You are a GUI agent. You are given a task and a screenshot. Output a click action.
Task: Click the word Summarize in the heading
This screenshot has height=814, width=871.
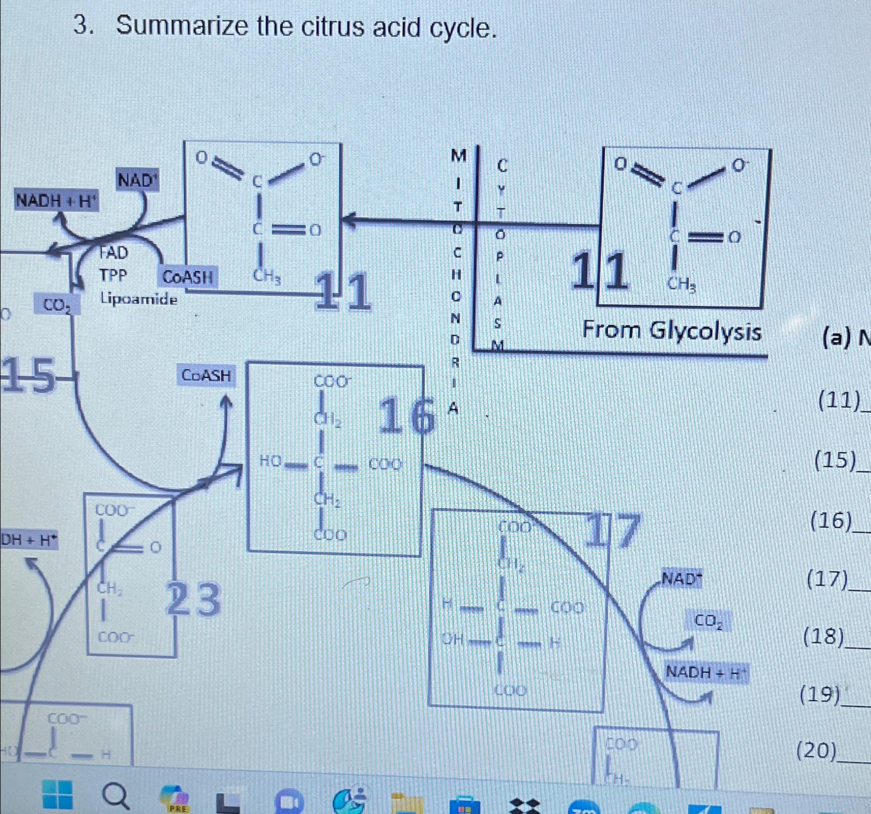[182, 27]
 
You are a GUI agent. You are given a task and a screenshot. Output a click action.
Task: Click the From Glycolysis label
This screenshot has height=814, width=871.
[671, 331]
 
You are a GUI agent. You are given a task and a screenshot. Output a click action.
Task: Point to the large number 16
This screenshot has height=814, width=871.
[407, 417]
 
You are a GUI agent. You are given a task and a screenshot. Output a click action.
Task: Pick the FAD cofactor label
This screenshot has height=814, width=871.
[113, 253]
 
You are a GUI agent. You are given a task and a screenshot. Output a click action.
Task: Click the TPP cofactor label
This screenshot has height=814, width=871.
[113, 276]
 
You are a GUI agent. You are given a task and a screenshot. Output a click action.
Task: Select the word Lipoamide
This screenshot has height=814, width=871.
[139, 299]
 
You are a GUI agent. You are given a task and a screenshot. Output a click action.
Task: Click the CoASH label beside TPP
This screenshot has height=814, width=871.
[188, 277]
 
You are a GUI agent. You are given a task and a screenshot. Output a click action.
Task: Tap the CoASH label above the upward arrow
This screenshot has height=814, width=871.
[206, 376]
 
